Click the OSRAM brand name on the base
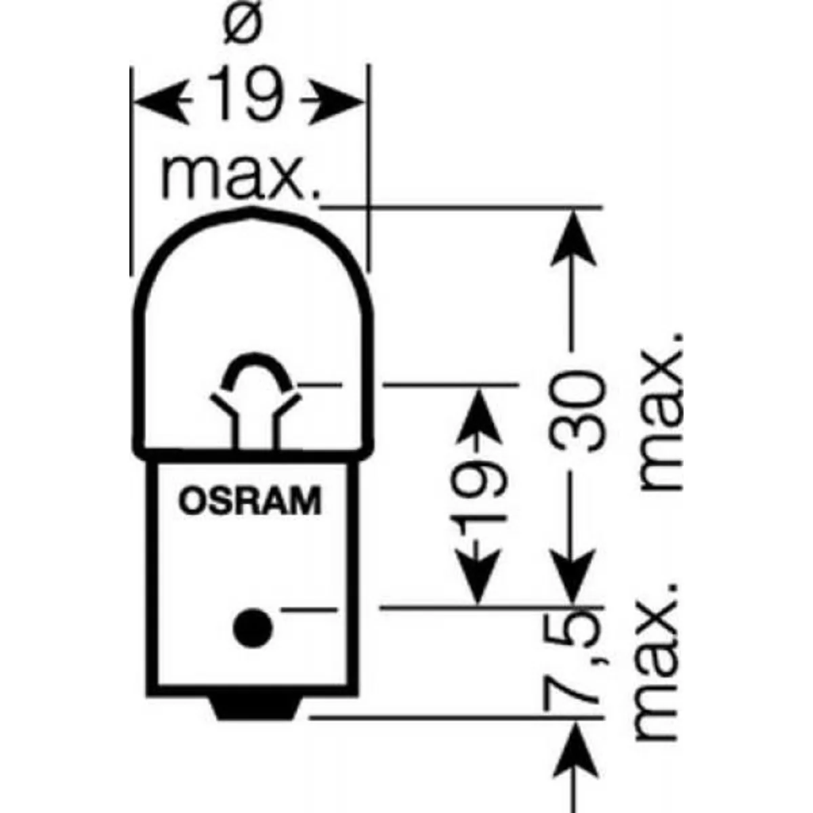click(x=250, y=501)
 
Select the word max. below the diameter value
click(x=241, y=178)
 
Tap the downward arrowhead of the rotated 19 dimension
click(x=478, y=577)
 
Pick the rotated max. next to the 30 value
click(x=661, y=412)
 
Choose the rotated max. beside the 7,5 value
click(x=656, y=663)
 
